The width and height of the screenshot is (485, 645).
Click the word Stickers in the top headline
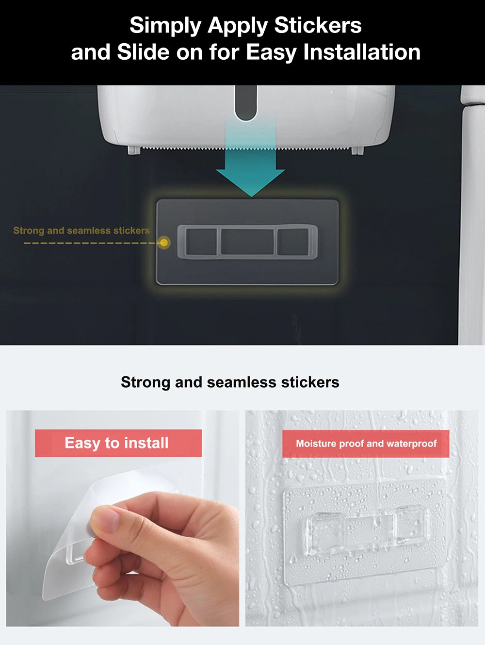coord(318,25)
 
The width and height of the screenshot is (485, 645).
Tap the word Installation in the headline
coord(362,52)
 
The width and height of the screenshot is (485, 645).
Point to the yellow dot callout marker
coord(164,243)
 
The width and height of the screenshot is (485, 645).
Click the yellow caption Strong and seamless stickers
coord(81,231)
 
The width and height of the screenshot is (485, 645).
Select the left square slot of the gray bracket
coord(201,242)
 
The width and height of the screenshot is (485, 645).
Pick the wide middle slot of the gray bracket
coord(247,242)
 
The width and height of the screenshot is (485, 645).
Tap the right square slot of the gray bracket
coord(293,242)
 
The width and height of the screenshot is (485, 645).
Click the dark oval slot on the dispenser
coord(246,103)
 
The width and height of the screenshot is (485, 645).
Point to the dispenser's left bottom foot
coord(134,150)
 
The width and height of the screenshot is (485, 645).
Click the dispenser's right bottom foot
coord(357,150)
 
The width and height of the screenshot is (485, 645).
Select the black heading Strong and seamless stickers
coord(230,382)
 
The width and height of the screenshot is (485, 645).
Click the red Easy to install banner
coord(118,443)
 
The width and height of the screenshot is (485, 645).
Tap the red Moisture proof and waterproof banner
coord(366,444)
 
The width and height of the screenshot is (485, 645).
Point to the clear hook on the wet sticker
coord(366,531)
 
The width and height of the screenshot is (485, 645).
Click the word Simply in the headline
coord(165,26)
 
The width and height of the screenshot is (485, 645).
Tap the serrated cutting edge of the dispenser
coord(246,148)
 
